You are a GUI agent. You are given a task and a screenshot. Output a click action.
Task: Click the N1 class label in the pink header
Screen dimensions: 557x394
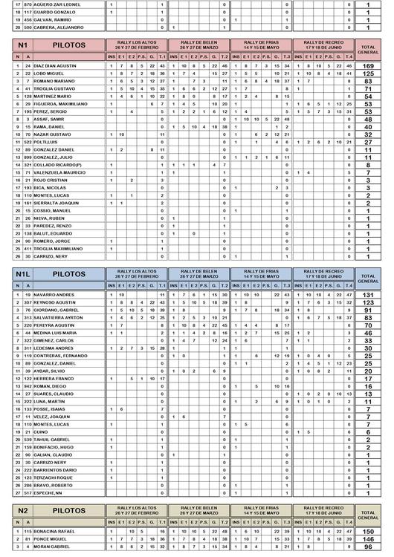point(24,45)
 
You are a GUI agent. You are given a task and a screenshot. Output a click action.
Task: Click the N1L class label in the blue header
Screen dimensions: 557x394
point(24,274)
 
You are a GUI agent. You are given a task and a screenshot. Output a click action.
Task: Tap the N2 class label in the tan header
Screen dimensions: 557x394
point(24,512)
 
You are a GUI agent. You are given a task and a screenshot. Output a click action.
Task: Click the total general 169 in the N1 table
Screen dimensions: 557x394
point(368,66)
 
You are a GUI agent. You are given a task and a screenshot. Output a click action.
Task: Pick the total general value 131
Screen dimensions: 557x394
point(368,295)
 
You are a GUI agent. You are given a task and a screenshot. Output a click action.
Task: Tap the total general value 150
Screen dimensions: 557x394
point(368,532)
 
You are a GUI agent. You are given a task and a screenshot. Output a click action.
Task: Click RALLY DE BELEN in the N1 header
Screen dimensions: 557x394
point(199,44)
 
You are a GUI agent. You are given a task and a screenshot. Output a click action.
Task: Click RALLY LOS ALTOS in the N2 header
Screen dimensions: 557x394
point(138,511)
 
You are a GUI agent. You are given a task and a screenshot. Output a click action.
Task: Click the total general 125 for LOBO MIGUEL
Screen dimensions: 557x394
point(368,74)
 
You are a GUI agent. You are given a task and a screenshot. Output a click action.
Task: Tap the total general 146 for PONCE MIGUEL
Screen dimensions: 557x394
point(368,539)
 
